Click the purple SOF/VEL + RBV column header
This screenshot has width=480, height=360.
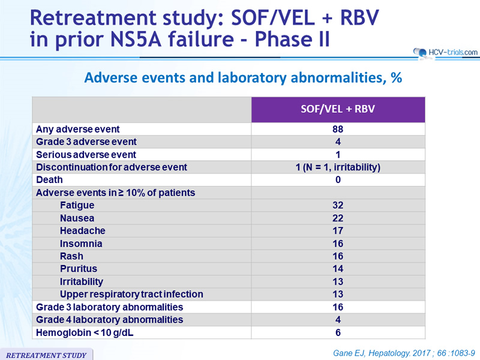tap(338, 110)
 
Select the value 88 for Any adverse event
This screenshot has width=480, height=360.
tap(338, 129)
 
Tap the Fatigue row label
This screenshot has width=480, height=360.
tap(77, 205)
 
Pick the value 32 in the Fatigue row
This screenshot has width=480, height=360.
tap(338, 205)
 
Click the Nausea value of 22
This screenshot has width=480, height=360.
tap(338, 218)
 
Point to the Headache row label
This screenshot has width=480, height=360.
tap(83, 231)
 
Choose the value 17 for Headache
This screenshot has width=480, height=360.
tap(338, 231)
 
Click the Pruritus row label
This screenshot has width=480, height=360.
tap(79, 269)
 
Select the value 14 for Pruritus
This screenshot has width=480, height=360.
tap(338, 269)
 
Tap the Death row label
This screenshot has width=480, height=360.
tap(49, 179)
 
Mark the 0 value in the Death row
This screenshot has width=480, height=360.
tap(338, 179)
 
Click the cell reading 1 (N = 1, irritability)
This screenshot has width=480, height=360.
tap(338, 167)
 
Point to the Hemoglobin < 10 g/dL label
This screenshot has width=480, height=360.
tap(85, 333)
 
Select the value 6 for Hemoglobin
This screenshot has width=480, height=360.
tap(338, 333)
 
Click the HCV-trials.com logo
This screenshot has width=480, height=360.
tap(445, 53)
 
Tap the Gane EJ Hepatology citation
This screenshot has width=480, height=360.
tap(404, 353)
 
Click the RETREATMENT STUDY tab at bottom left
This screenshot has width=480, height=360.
tap(46, 355)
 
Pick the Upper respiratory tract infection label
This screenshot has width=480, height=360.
tap(131, 294)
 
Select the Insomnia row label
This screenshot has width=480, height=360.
tap(81, 244)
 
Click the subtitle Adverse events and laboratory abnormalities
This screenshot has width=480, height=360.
tap(244, 78)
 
